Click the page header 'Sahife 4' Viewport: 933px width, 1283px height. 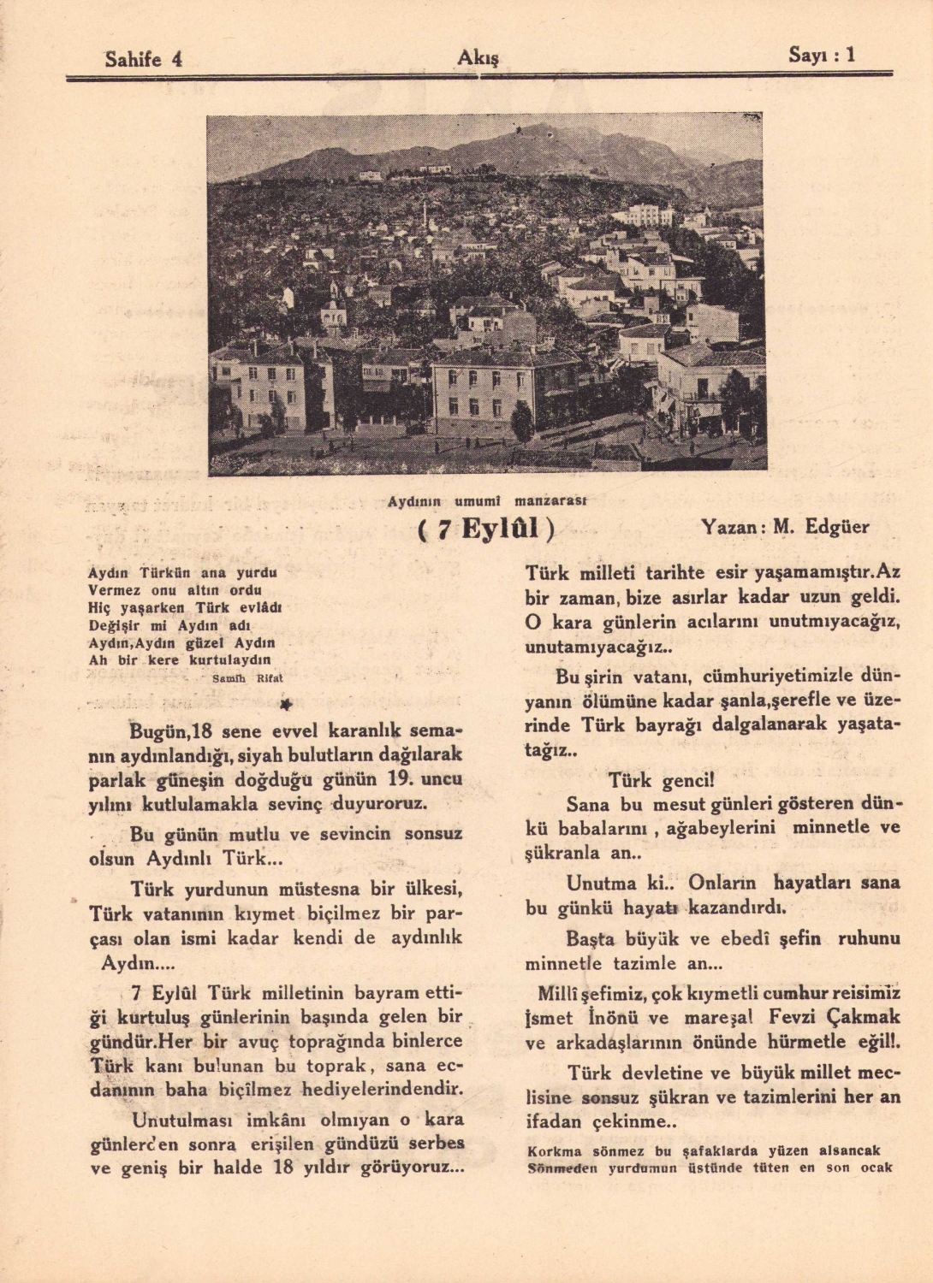coord(143,59)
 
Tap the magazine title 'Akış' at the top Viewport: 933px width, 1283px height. coord(478,57)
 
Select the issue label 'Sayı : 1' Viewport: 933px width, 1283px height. coord(821,56)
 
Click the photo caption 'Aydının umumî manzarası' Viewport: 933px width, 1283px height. coord(486,501)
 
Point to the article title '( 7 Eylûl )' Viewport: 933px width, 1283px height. coord(486,529)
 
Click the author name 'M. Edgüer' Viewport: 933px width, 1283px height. coord(821,527)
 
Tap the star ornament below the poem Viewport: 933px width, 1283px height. coord(286,704)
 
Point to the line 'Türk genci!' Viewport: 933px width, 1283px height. coord(661,780)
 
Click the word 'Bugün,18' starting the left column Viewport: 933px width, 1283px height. coord(169,731)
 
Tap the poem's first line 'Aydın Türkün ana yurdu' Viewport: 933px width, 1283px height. coord(182,572)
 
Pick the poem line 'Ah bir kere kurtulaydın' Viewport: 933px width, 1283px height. coord(180,660)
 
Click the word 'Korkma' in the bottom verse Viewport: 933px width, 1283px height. coord(550,1151)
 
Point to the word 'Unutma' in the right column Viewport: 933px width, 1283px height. coord(600,883)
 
